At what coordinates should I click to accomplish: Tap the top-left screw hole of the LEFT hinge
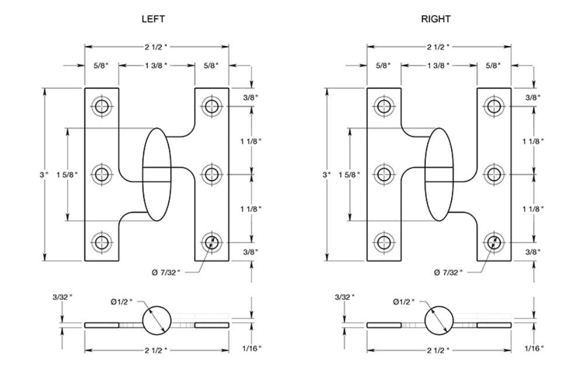[102, 106]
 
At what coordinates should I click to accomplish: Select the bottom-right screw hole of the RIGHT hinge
[494, 241]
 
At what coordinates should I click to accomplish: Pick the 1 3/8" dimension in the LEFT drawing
[156, 65]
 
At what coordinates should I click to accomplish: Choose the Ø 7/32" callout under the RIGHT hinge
[449, 272]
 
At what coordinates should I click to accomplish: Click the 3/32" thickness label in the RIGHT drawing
[342, 297]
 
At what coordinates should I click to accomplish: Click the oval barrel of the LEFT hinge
[157, 174]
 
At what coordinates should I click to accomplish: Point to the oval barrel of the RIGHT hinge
[438, 174]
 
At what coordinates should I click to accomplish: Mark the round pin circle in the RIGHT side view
[439, 320]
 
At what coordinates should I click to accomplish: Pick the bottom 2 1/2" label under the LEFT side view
[156, 350]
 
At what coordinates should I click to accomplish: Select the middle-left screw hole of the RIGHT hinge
[384, 174]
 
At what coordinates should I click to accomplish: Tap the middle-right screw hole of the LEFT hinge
[211, 174]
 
